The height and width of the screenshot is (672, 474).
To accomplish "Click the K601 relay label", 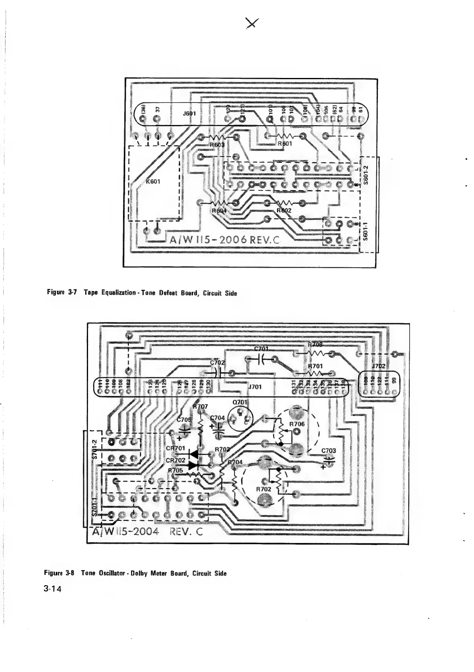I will (153, 181).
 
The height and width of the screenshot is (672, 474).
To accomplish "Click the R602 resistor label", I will (285, 210).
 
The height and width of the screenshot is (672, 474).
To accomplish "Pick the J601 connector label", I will (189, 114).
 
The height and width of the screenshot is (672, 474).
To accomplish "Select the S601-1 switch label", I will (365, 232).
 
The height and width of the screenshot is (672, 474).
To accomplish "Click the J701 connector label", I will (255, 387).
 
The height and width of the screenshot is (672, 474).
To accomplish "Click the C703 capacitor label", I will (328, 451).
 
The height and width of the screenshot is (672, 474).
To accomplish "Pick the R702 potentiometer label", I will (264, 489).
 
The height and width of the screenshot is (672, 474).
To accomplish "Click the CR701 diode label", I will (176, 448).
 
